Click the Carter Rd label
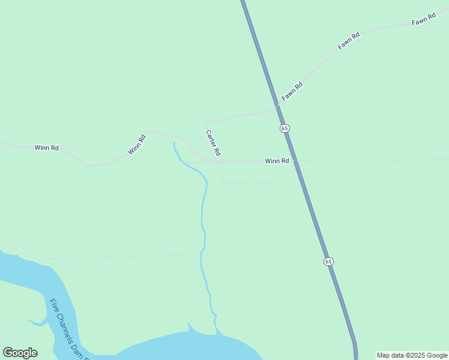pyautogui.click(x=214, y=142)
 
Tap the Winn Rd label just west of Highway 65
pyautogui.click(x=277, y=161)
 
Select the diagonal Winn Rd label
pyautogui.click(x=137, y=145)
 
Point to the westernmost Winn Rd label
pyautogui.click(x=46, y=148)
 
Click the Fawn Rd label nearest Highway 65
pyautogui.click(x=292, y=91)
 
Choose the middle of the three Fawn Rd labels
pyautogui.click(x=349, y=40)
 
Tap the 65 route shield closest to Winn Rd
pyautogui.click(x=285, y=128)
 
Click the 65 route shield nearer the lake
pyautogui.click(x=328, y=262)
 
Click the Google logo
pyautogui.click(x=20, y=353)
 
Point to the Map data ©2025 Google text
pyautogui.click(x=412, y=355)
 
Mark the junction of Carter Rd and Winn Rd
pyautogui.click(x=222, y=161)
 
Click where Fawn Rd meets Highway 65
pyautogui.click(x=277, y=107)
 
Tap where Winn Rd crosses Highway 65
pyautogui.click(x=295, y=161)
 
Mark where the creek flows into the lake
pyautogui.click(x=216, y=332)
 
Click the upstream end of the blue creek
pyautogui.click(x=174, y=143)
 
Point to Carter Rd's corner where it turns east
pyautogui.click(x=206, y=122)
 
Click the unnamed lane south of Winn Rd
pyautogui.click(x=252, y=182)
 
